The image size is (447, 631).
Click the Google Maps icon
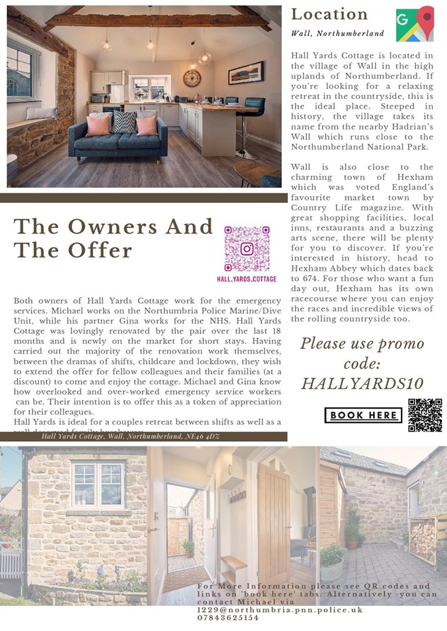tap(414, 24)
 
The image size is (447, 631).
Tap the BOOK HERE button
tap(363, 415)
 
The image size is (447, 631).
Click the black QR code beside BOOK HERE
tap(425, 415)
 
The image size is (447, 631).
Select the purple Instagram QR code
tap(247, 249)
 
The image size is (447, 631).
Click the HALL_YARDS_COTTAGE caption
tap(247, 279)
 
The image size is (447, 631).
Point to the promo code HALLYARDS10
tap(363, 383)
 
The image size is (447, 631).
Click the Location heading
tap(329, 14)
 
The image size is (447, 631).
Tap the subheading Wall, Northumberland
tap(337, 33)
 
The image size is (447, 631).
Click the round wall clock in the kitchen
tap(192, 78)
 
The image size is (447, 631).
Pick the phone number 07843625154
tap(228, 618)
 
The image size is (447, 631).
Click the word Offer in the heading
tap(99, 250)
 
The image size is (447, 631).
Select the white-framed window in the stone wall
tap(99, 485)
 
